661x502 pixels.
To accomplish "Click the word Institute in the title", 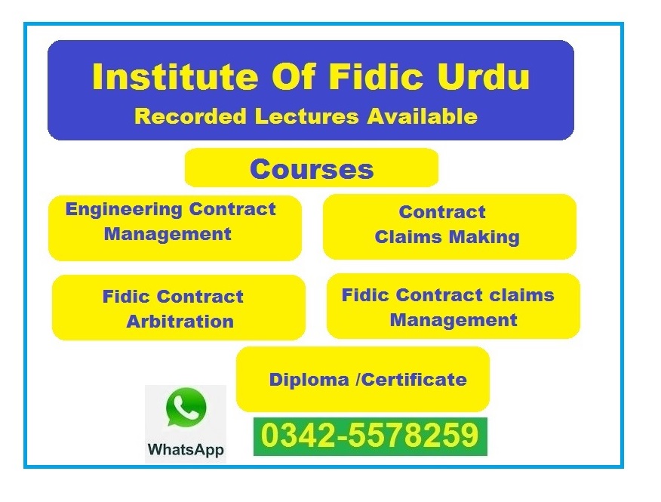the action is coord(175,76).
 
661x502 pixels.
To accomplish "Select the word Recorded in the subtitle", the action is coord(190,116).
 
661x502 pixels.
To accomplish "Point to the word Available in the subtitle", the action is coord(422,116).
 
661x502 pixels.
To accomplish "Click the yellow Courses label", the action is coord(312,169).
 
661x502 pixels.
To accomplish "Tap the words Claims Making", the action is coord(447,237).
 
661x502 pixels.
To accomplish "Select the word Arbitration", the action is coord(180,322).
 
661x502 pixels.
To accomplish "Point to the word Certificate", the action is coord(414,380).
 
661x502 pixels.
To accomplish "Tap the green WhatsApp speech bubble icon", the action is coord(186,408).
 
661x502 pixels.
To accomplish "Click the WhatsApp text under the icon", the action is coord(186,450).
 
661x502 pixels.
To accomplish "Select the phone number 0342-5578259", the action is coord(370,436).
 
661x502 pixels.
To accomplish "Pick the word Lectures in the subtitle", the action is coord(306,116).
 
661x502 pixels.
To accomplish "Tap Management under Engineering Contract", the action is coord(168,235).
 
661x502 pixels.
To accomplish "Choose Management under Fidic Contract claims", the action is coord(453,320).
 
